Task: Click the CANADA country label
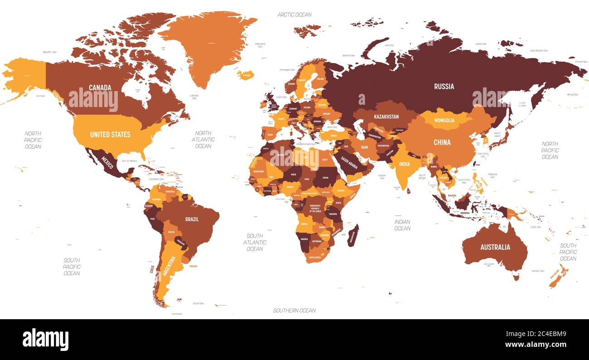tap(100, 88)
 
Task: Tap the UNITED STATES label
tap(110, 134)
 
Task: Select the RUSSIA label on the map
tap(444, 86)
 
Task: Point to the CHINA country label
tap(442, 142)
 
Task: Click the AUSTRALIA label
tap(495, 247)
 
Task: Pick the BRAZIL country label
tap(192, 219)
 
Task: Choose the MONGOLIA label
tap(444, 120)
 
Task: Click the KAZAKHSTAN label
tap(386, 117)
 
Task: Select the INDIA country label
tap(404, 164)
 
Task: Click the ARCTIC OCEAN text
tap(294, 15)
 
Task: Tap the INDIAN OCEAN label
tap(402, 225)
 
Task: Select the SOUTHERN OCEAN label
tap(294, 311)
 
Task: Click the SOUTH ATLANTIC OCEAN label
tap(255, 242)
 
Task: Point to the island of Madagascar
tap(352, 236)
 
